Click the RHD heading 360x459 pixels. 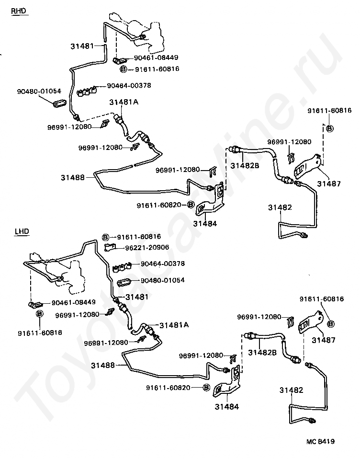pos(18,11)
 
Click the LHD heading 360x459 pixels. pos(22,231)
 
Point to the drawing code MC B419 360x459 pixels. pos(321,441)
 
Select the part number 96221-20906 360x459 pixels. pos(147,247)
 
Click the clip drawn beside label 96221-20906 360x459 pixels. pos(110,247)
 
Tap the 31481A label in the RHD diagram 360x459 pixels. pos(124,102)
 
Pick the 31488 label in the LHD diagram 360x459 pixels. pos(102,365)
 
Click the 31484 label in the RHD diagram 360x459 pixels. pos(205,224)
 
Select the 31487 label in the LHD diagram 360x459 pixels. pos(324,340)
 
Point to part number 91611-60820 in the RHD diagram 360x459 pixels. pos(159,206)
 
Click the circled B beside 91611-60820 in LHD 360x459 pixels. pos(206,388)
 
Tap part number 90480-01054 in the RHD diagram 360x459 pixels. pos(39,91)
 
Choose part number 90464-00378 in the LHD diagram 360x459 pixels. pos(163,264)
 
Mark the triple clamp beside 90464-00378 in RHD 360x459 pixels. pos(87,91)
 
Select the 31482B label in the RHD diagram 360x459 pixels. pos(245,166)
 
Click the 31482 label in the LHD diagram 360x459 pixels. pos(291,390)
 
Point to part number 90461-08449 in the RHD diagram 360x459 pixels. pos(156,57)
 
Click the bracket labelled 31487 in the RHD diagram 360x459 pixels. pos(307,166)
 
